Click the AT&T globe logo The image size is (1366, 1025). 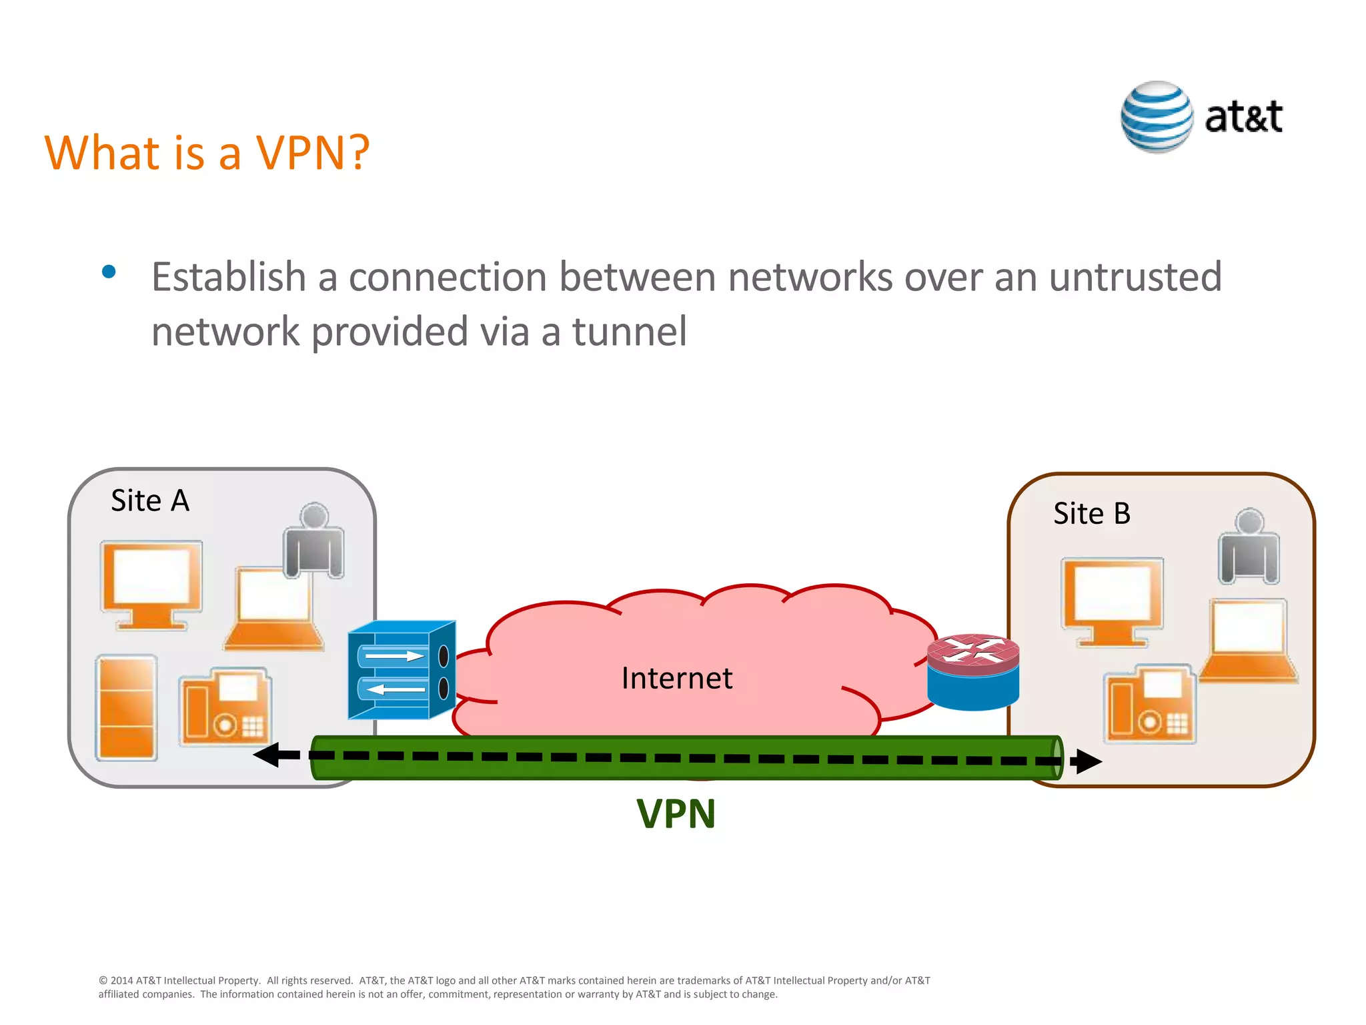click(x=1157, y=117)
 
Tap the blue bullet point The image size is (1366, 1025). click(x=109, y=272)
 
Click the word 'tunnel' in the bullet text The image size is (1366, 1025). click(x=629, y=332)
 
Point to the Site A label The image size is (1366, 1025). click(x=150, y=500)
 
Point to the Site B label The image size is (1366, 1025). click(x=1092, y=514)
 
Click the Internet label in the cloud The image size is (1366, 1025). click(x=676, y=679)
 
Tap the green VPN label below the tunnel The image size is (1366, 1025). click(x=676, y=814)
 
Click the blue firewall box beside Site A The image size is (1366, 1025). click(x=402, y=670)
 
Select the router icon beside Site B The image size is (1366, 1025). click(x=973, y=672)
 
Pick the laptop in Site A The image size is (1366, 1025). click(x=273, y=609)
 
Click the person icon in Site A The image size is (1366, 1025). click(x=314, y=541)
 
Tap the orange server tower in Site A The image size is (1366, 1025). click(x=127, y=707)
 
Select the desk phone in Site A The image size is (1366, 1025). click(x=224, y=706)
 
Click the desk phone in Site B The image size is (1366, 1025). click(x=1150, y=704)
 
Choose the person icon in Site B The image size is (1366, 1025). click(x=1249, y=547)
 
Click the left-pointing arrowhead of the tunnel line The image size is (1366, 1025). click(x=269, y=755)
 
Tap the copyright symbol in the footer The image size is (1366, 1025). click(x=103, y=981)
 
